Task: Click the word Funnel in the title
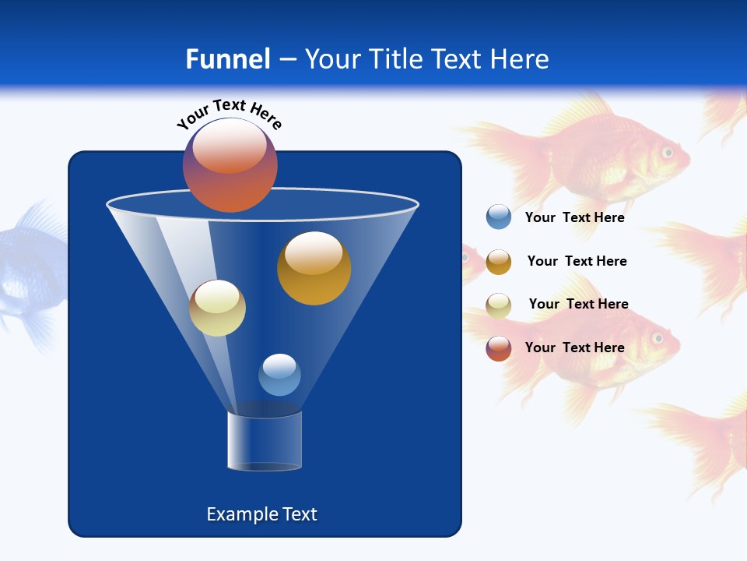[227, 59]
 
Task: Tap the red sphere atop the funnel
[230, 165]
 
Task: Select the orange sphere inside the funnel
[314, 268]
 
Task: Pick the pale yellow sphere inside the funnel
[217, 308]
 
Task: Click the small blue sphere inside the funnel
[279, 375]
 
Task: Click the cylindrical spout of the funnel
[265, 441]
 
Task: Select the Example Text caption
[262, 514]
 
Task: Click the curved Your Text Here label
[230, 114]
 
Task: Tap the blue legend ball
[499, 217]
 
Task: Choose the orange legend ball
[499, 262]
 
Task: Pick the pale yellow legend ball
[499, 305]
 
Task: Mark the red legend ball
[499, 348]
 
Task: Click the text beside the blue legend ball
[574, 218]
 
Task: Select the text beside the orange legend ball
[577, 262]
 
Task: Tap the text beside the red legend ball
[574, 348]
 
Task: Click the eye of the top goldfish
[667, 152]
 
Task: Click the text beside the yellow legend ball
[578, 305]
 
